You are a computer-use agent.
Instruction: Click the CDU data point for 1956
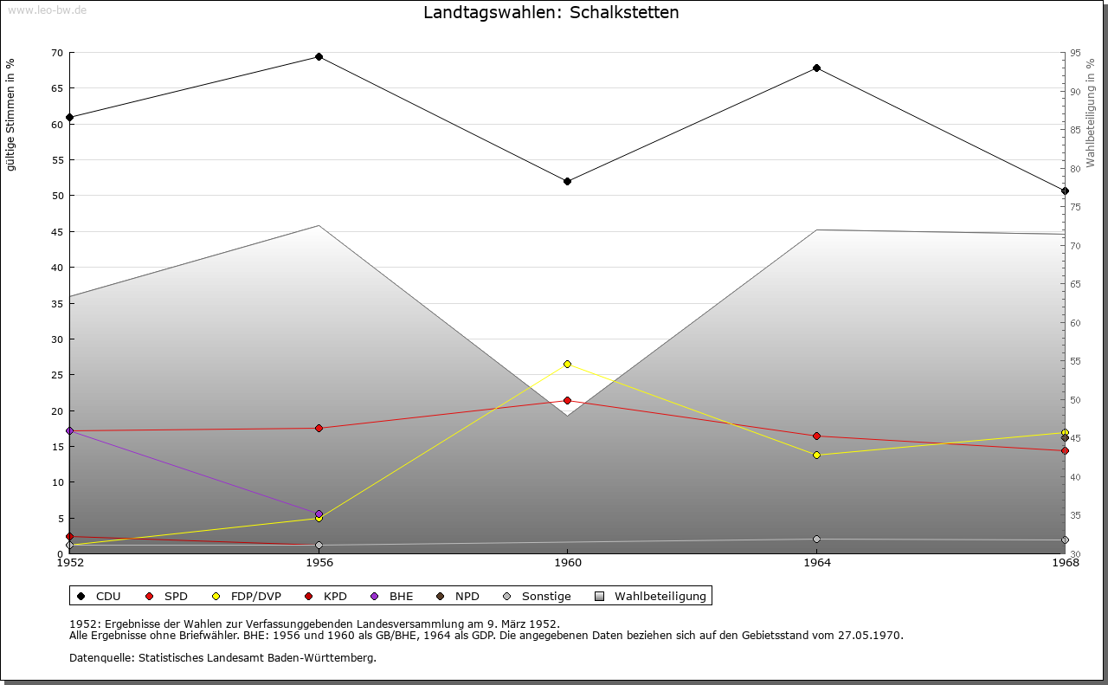319,57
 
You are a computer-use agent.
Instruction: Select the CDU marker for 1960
567,181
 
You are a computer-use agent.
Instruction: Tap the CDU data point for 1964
816,68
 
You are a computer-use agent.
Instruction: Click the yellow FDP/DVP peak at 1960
567,364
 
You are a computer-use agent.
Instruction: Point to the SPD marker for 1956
319,428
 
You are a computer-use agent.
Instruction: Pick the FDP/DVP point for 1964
816,455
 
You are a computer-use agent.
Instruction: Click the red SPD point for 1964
816,436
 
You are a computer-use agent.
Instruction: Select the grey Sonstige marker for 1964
816,539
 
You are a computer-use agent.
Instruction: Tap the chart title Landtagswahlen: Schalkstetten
551,13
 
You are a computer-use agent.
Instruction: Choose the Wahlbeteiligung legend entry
651,596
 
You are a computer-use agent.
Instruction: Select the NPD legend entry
458,596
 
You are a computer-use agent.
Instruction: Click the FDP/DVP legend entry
248,596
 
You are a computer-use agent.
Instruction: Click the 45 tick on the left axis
56,232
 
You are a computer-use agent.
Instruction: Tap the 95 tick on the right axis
1075,53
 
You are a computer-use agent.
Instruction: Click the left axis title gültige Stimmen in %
11,114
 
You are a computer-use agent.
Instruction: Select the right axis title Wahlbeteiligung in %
1091,113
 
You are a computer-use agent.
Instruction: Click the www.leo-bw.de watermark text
46,10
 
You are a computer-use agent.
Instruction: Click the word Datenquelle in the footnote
100,657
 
